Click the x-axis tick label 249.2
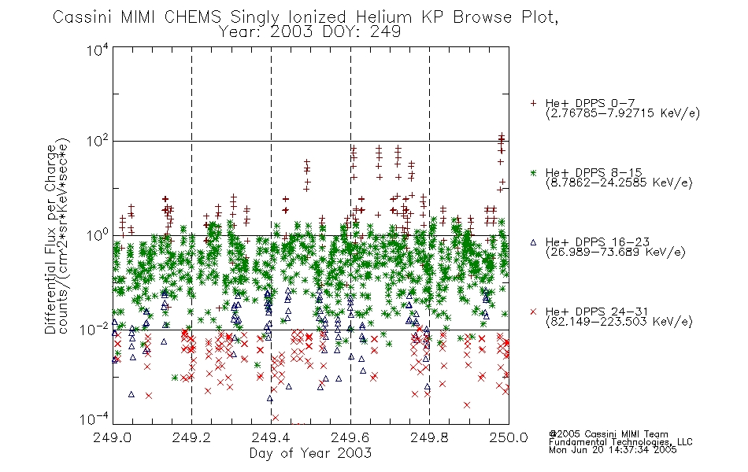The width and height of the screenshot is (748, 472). (192, 437)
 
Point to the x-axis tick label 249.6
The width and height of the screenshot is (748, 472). (350, 437)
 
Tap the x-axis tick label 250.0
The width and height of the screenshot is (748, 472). (509, 437)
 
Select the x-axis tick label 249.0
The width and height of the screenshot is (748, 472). (113, 437)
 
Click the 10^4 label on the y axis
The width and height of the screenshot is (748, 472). (98, 50)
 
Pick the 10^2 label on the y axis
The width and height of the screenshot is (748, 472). (98, 142)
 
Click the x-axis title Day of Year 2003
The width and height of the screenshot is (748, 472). (310, 453)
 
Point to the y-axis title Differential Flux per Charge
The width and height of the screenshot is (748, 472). (50, 239)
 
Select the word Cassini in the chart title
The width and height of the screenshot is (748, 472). (82, 17)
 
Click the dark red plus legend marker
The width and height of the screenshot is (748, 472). (533, 103)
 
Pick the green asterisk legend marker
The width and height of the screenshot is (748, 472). (533, 173)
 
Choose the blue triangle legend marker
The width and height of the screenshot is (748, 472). (533, 242)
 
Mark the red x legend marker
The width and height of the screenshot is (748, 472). (533, 312)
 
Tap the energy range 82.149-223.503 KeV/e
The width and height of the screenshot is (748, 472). (619, 322)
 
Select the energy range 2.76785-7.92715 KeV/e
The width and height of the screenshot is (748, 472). (623, 113)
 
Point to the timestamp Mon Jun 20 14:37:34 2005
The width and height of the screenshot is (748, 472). (613, 450)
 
